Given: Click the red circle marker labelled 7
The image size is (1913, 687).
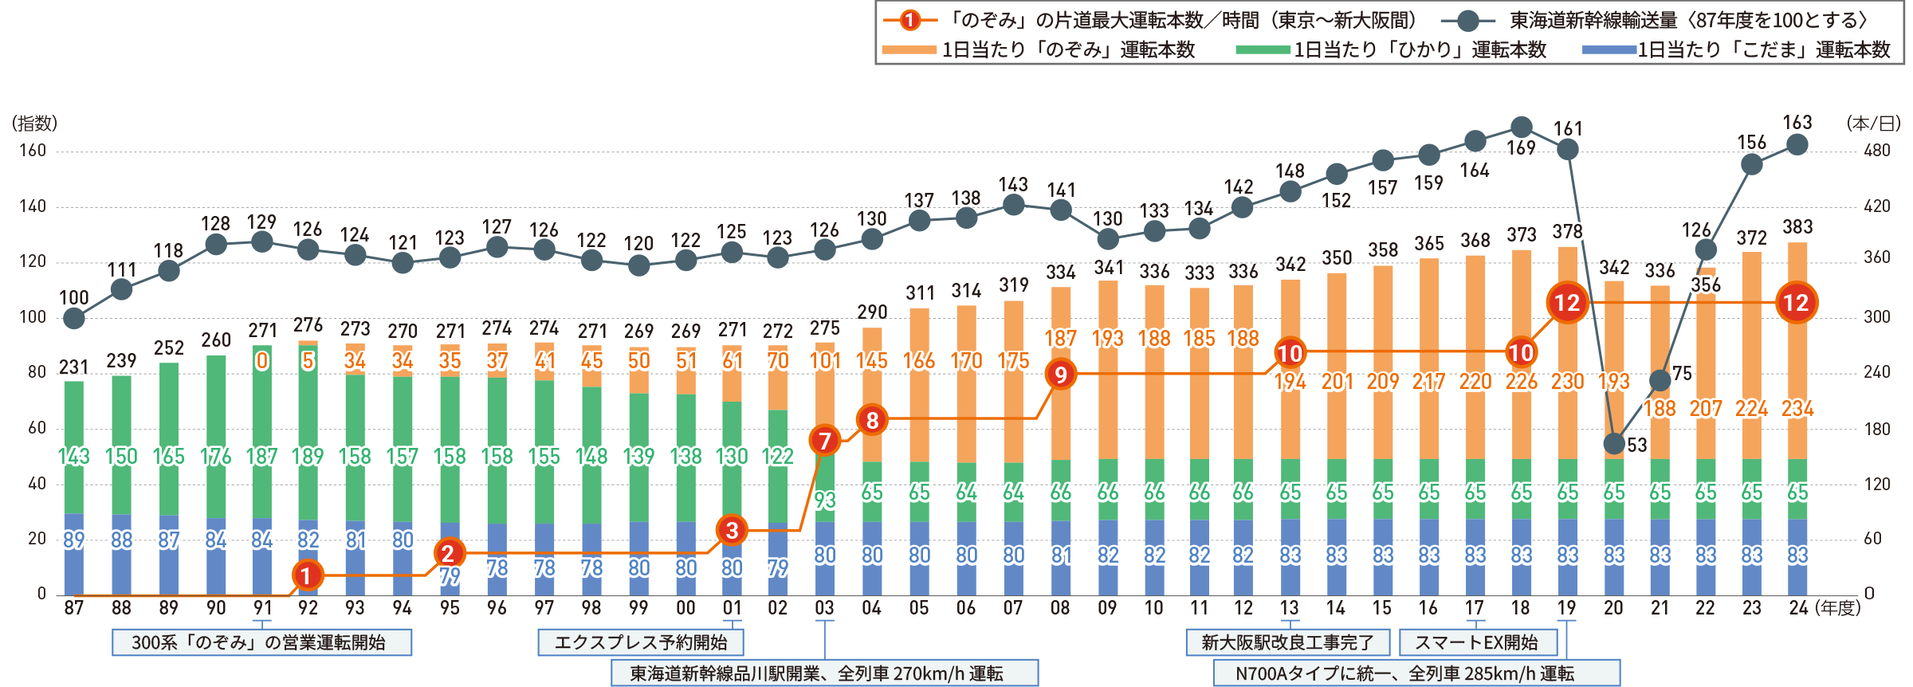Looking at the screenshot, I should tap(825, 440).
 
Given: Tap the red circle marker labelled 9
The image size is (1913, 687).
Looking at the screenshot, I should tap(1061, 374).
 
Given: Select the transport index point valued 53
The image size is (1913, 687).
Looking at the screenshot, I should tap(1614, 443).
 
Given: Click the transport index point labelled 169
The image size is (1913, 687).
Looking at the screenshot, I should tap(1522, 127).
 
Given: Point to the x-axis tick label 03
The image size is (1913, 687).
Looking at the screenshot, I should tap(825, 608).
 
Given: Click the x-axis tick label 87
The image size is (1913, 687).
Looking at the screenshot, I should tap(73, 608).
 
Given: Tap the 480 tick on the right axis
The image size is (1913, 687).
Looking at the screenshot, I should tap(1877, 151).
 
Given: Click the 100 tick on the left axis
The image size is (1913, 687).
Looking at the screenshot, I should tap(33, 317).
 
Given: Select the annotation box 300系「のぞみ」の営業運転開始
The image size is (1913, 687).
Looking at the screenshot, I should tap(261, 642).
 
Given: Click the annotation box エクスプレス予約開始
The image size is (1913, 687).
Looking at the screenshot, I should tap(641, 642).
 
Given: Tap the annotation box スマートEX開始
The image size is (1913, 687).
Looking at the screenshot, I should tap(1476, 642).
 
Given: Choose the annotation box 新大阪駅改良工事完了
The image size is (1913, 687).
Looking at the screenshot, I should tap(1287, 642).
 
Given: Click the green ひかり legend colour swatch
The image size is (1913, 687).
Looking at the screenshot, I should tap(1263, 50).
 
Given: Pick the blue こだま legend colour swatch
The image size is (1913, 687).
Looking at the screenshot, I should tap(1609, 50).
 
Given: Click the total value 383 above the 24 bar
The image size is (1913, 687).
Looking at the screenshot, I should tap(1797, 227).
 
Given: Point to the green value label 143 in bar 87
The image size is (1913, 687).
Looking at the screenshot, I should tap(73, 457).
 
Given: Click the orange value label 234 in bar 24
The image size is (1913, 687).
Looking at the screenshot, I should tap(1797, 409).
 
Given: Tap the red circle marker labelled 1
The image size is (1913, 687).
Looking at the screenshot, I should tap(307, 575).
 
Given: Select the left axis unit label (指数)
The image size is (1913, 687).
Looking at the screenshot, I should tap(35, 124).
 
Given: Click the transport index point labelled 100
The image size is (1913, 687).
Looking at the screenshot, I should tap(73, 319).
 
